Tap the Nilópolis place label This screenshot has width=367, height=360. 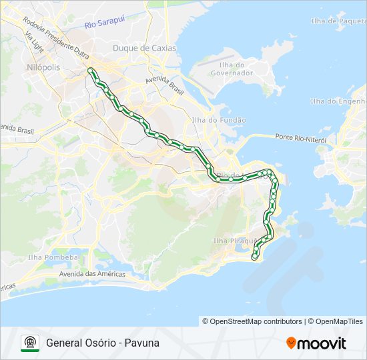(43, 68)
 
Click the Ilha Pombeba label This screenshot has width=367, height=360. (53, 257)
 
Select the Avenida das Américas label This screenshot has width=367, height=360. (92, 274)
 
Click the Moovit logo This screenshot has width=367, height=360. (316, 343)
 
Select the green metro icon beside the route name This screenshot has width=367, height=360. (30, 343)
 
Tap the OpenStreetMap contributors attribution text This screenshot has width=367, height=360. (252, 321)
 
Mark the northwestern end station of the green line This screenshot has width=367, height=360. (91, 69)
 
